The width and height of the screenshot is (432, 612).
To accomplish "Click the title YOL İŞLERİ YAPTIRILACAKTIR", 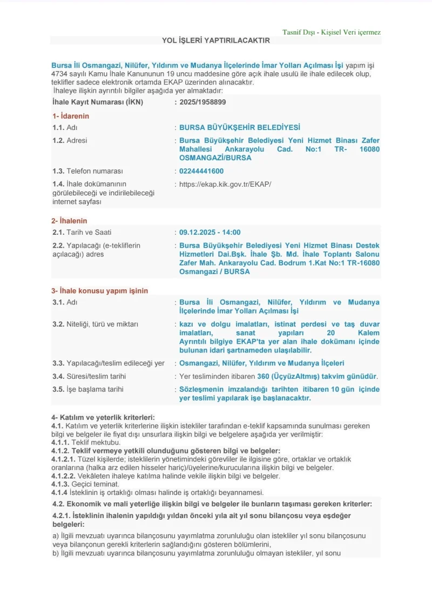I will pos(215,40).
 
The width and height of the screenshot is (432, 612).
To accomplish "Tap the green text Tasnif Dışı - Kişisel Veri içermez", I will pos(331,32).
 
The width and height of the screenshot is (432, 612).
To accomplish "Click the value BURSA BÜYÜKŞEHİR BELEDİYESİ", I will pos(239,127).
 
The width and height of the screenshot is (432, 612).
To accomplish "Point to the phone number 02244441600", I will pos(201,171).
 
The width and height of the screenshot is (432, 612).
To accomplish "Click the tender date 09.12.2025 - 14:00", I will pos(210,232).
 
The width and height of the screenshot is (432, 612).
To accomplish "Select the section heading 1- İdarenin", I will pos(71,116).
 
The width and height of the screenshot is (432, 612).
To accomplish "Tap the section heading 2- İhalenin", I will pos(69,221).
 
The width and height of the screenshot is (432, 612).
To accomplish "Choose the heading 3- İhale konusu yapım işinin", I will pos(100,290).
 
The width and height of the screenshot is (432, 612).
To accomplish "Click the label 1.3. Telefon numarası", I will pos(87,171).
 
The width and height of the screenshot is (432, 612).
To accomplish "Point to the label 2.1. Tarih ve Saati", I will pos(82,232).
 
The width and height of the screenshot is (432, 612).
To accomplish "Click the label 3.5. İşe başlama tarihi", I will pos(87,389).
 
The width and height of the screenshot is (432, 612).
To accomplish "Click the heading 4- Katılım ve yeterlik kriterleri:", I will pos(103,417).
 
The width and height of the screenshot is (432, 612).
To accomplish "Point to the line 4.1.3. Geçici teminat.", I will pos(85,484).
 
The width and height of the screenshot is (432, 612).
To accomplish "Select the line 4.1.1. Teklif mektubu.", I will pos(86,442).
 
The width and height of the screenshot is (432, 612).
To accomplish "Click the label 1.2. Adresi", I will pos(70,140).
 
